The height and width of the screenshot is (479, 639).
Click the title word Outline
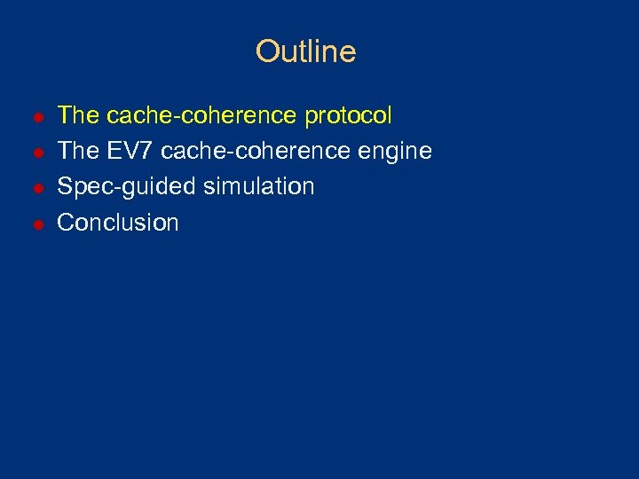coord(305,51)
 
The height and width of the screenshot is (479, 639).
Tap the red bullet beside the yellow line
coord(37,117)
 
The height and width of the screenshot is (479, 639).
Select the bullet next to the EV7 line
coord(37,153)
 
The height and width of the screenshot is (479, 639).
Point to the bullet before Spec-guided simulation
coord(37,188)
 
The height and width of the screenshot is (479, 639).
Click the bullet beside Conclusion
coord(37,224)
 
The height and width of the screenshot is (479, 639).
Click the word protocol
coord(348,116)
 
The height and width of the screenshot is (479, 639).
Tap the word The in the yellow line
coord(77,115)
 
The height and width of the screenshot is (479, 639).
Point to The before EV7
coord(77,151)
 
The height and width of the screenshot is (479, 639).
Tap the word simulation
coord(259,186)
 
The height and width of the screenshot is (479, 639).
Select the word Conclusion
coord(118,222)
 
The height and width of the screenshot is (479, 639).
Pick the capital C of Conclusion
coord(66,222)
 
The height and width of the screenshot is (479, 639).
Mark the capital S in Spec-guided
coord(65,186)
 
